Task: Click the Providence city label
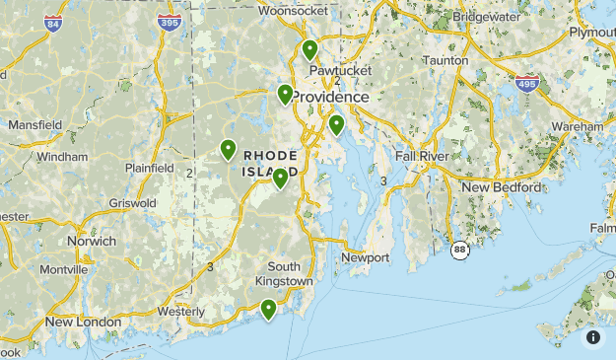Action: [x=329, y=98]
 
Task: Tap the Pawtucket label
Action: [x=339, y=71]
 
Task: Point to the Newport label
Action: [x=366, y=257]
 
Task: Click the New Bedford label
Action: [x=502, y=187]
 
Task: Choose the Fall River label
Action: [x=421, y=156]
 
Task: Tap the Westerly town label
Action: [x=180, y=312]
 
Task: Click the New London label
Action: [x=83, y=323]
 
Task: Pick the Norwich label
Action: [x=91, y=241]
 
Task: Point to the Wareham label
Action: [x=577, y=127]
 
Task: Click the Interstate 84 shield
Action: [x=52, y=22]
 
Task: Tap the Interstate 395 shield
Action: [x=170, y=21]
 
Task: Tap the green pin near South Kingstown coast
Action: [x=267, y=310]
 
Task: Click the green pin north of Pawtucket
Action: [x=310, y=49]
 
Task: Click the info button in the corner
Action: [x=593, y=337]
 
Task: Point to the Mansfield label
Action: [x=34, y=125]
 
